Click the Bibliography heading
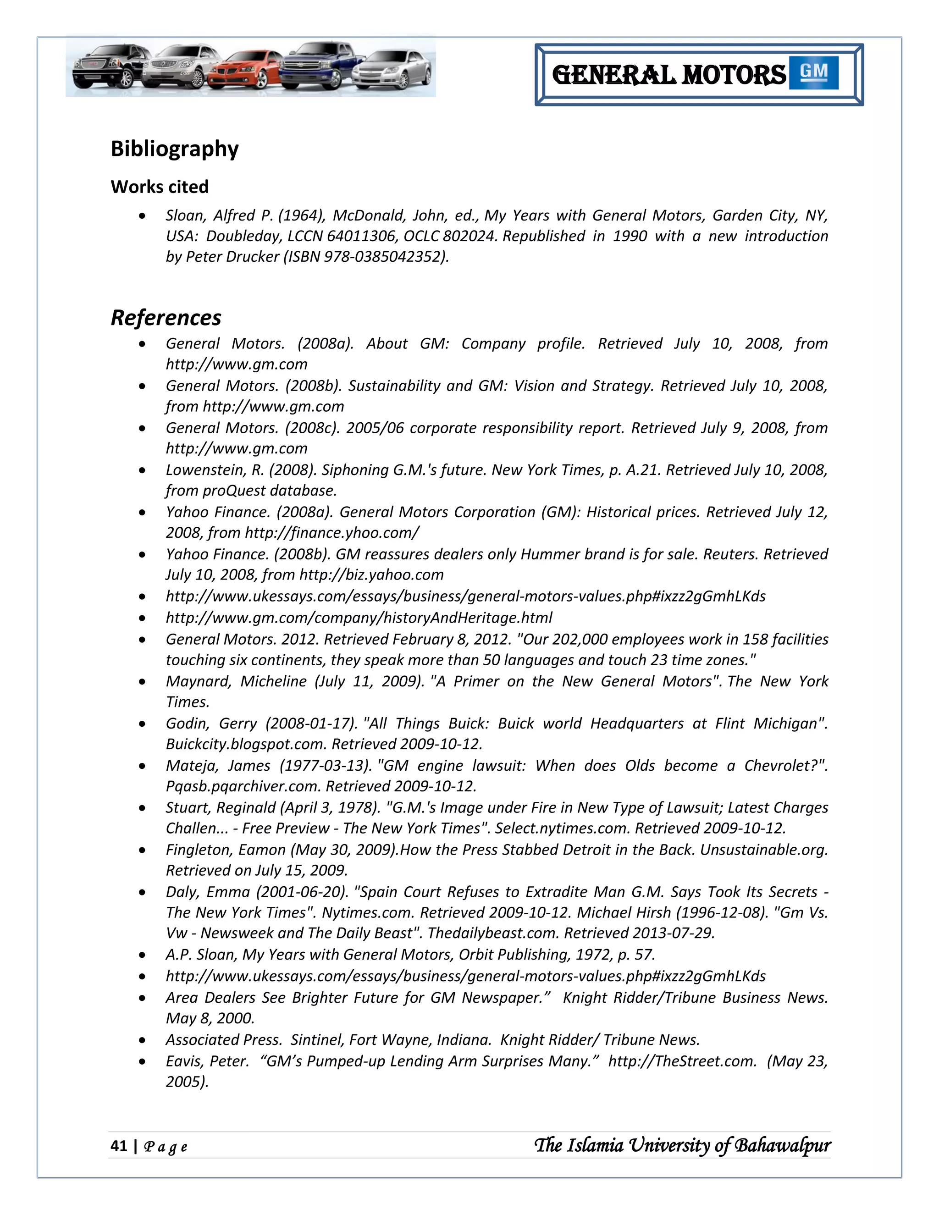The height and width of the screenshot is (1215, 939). (174, 149)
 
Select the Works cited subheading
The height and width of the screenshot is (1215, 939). (159, 187)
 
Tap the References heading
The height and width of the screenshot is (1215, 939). (166, 318)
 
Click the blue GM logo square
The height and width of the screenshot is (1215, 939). (813, 73)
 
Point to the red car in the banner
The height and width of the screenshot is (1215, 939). (245, 71)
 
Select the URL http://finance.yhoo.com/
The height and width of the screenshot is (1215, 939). (331, 533)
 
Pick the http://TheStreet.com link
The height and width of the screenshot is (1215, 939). (681, 1061)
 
